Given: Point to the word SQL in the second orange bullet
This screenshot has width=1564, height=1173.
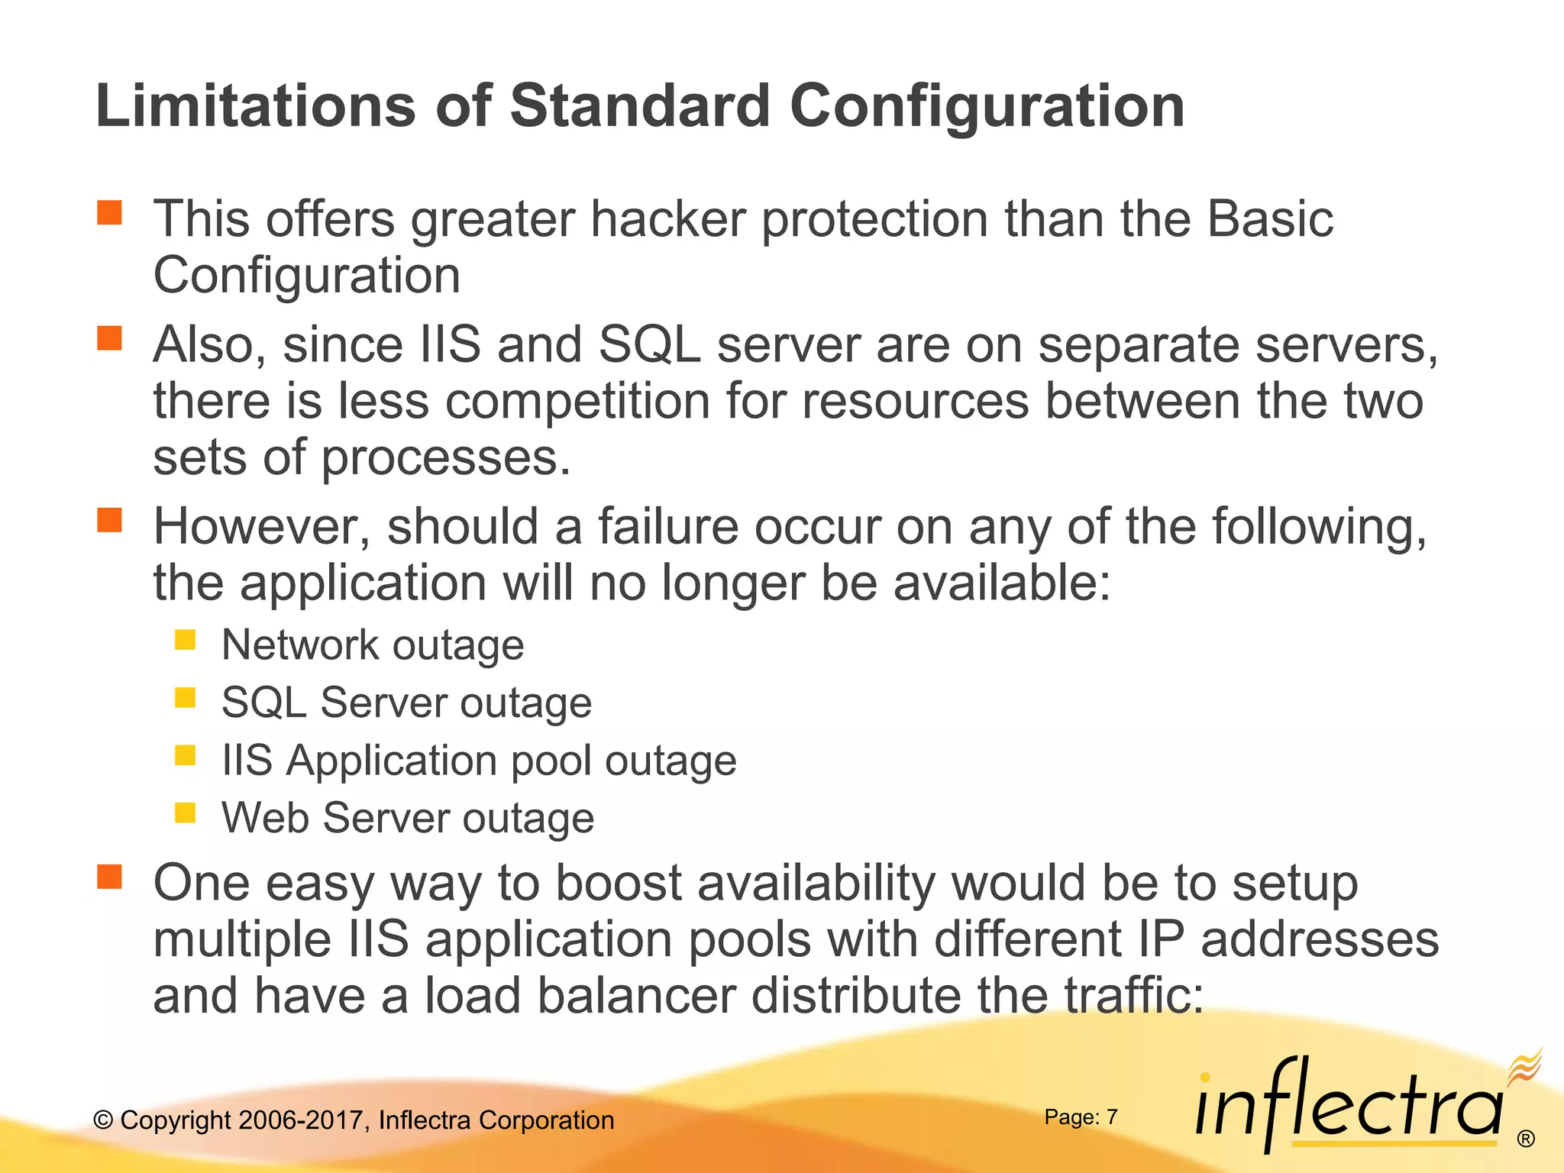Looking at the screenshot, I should click(x=649, y=345).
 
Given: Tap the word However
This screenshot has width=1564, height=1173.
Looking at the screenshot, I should click(x=262, y=527).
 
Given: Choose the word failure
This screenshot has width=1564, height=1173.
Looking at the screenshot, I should click(x=667, y=527).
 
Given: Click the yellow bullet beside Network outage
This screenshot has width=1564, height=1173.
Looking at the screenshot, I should click(x=185, y=640).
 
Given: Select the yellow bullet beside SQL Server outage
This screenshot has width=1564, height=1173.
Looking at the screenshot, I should click(x=185, y=697).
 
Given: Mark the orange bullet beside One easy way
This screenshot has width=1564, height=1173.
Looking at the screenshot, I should click(x=110, y=877).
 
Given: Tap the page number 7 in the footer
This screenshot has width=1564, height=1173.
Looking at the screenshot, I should click(x=1112, y=1117).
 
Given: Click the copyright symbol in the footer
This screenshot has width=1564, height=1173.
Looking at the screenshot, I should click(x=103, y=1120).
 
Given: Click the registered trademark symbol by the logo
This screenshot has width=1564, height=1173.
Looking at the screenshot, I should click(x=1526, y=1139).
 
